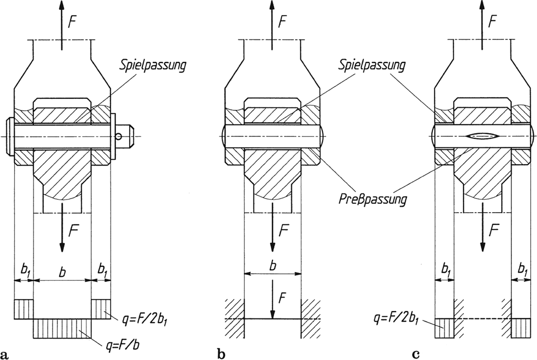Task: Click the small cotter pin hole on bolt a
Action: pos(119,136)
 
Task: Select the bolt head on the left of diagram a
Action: pos(11,136)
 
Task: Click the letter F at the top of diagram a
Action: pos(72,21)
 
